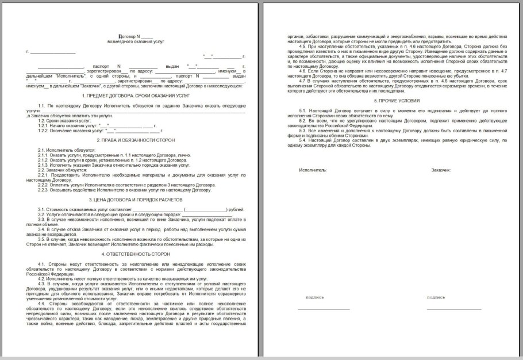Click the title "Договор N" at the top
[x=130, y=37]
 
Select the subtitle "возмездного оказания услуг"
[x=136, y=43]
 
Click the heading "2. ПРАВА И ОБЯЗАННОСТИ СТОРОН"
[x=136, y=140]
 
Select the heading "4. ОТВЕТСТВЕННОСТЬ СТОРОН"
[x=136, y=254]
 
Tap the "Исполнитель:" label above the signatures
[x=313, y=170]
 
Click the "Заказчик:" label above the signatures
[x=441, y=170]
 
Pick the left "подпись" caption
[x=315, y=297]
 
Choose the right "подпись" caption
[x=436, y=297]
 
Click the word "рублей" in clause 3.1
[x=236, y=209]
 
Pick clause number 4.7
[x=303, y=81]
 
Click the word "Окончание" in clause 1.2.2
[x=67, y=131]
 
